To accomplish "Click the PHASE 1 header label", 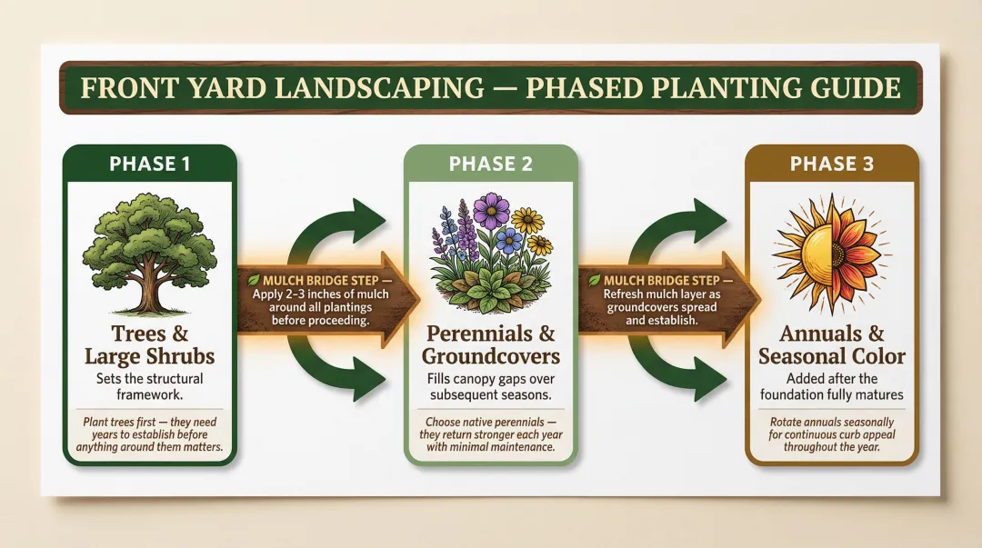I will [x=149, y=164].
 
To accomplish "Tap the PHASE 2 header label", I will [x=489, y=164].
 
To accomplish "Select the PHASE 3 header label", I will [x=831, y=164].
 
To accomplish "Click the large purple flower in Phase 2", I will [x=492, y=211].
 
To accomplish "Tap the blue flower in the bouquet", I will [x=508, y=239].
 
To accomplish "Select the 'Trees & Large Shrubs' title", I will [x=149, y=344].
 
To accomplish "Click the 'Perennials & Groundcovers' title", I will [x=489, y=344].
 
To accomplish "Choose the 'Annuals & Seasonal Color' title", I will [x=831, y=344].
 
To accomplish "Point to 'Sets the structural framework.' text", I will [x=149, y=385].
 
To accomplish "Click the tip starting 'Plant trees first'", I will [x=149, y=434].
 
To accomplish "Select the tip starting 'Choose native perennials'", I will [x=489, y=434].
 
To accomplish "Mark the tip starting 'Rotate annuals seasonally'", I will [x=831, y=434].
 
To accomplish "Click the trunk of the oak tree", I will [x=147, y=291].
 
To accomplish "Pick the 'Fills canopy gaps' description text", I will [x=489, y=385].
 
